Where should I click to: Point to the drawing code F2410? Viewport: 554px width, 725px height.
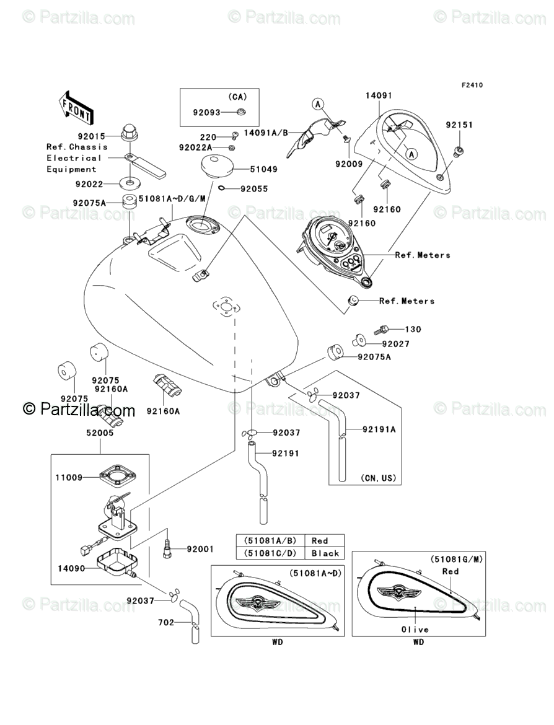point(471,85)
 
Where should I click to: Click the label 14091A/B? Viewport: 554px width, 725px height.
point(266,133)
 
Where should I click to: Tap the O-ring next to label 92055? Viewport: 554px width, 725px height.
point(221,189)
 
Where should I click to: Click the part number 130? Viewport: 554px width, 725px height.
point(413,329)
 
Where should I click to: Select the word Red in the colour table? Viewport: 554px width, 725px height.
point(320,540)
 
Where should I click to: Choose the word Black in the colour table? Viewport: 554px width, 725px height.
point(325,553)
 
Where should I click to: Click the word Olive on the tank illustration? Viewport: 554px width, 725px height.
point(414,629)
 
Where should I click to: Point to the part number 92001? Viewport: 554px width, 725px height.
point(200,549)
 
